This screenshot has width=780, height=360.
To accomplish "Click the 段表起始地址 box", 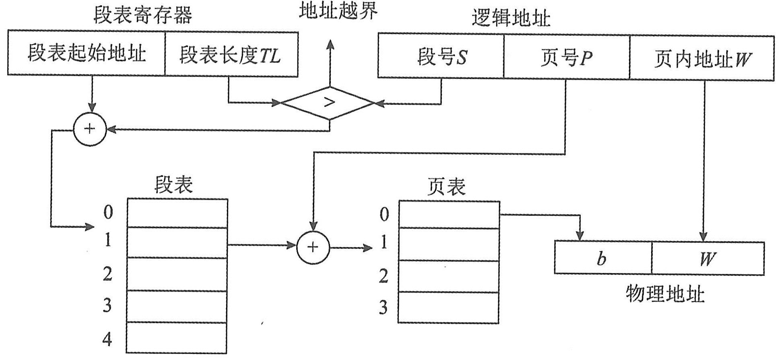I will pyautogui.click(x=86, y=53).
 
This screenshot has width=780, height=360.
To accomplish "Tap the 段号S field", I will pyautogui.click(x=441, y=56).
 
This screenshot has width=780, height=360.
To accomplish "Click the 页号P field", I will pyautogui.click(x=566, y=58).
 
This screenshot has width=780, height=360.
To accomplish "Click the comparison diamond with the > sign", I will pyautogui.click(x=329, y=103).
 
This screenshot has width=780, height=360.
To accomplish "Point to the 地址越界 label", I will pyautogui.click(x=338, y=10).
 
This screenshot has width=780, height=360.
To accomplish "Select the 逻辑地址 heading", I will pyautogui.click(x=511, y=18).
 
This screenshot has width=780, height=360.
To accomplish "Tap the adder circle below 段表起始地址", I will pyautogui.click(x=90, y=129).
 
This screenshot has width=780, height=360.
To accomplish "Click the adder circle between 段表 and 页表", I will pyautogui.click(x=313, y=247).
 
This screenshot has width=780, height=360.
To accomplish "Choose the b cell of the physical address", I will pyautogui.click(x=603, y=258).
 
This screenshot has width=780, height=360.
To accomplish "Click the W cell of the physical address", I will pyautogui.click(x=708, y=258).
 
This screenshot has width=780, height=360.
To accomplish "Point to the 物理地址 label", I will pyautogui.click(x=665, y=294).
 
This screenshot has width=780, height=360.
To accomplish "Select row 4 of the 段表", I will pyautogui.click(x=177, y=338).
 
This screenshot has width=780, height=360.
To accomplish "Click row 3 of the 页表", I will pyautogui.click(x=448, y=307).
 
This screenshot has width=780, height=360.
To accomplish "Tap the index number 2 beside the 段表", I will pyautogui.click(x=107, y=274).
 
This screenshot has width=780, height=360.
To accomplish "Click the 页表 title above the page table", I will pyautogui.click(x=446, y=186).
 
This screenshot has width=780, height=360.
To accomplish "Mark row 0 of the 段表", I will pyautogui.click(x=177, y=213).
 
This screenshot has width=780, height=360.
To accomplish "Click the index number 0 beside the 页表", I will pyautogui.click(x=384, y=214).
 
